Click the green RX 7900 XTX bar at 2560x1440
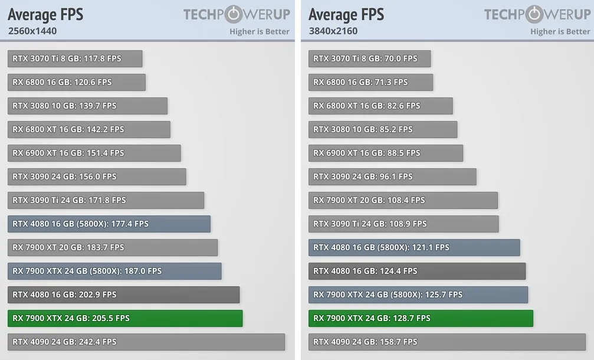pos(125,318)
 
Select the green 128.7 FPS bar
pos(421,318)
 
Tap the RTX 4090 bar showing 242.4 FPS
pos(146,342)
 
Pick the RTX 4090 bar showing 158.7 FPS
pos(447,342)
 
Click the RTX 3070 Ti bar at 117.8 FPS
pos(75,58)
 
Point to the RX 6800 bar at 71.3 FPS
pos(370,82)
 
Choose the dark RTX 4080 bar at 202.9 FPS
pos(124,294)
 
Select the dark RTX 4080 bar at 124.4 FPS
pos(416,271)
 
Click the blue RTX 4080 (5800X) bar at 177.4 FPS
pos(109,224)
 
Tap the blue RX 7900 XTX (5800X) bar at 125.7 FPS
pos(418,294)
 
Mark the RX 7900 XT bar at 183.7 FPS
pos(113,247)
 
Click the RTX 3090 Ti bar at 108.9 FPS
pos(403,224)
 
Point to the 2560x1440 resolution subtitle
pos(32,31)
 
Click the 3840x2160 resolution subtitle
pos(333,31)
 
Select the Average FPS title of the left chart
pos(45,14)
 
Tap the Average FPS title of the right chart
pos(346,14)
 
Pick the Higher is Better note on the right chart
pos(560,31)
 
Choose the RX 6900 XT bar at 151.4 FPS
pos(94,153)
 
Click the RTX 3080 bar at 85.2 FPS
pos(382,129)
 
